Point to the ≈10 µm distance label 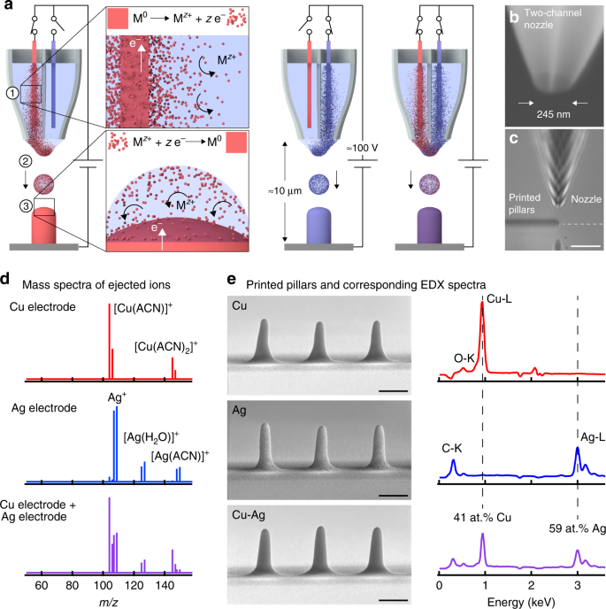(265, 194)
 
